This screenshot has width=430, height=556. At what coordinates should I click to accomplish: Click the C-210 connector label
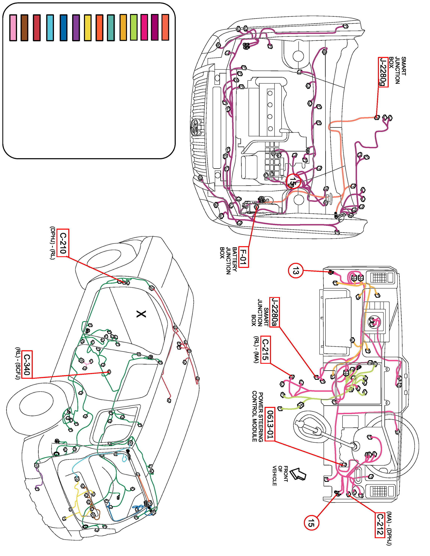pyautogui.click(x=63, y=243)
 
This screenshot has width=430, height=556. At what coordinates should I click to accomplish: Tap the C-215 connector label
pyautogui.click(x=265, y=350)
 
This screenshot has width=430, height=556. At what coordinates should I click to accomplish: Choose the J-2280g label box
pyautogui.click(x=383, y=72)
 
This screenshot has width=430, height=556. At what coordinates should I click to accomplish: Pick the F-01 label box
pyautogui.click(x=244, y=258)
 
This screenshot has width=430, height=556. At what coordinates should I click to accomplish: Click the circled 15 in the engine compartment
pyautogui.click(x=293, y=181)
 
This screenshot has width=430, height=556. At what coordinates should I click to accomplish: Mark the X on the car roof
pyautogui.click(x=141, y=314)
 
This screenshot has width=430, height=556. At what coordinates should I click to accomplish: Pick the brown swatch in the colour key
pyautogui.click(x=25, y=28)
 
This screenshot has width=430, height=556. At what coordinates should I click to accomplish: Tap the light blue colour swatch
pyautogui.click(x=50, y=28)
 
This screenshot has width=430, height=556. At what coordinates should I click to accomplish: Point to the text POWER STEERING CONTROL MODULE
pyautogui.click(x=258, y=417)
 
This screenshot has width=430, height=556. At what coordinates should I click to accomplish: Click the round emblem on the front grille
pyautogui.click(x=195, y=127)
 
